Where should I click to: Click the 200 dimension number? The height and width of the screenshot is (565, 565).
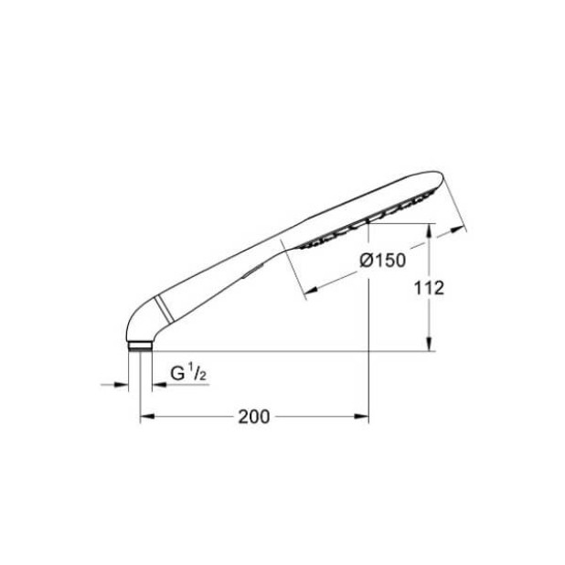(x=253, y=417)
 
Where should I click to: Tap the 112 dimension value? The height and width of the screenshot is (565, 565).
(x=429, y=288)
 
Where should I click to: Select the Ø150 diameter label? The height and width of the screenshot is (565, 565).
(x=383, y=261)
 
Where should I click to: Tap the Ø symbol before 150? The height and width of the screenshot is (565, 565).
(x=366, y=261)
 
